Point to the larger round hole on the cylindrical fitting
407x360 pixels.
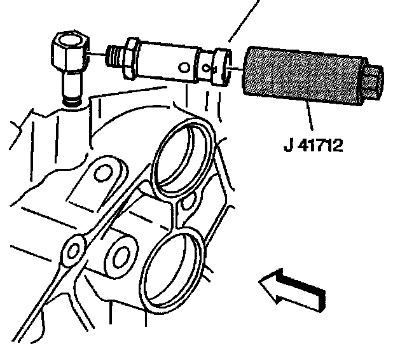point(184,66)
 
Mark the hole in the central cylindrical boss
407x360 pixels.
point(119,253)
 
